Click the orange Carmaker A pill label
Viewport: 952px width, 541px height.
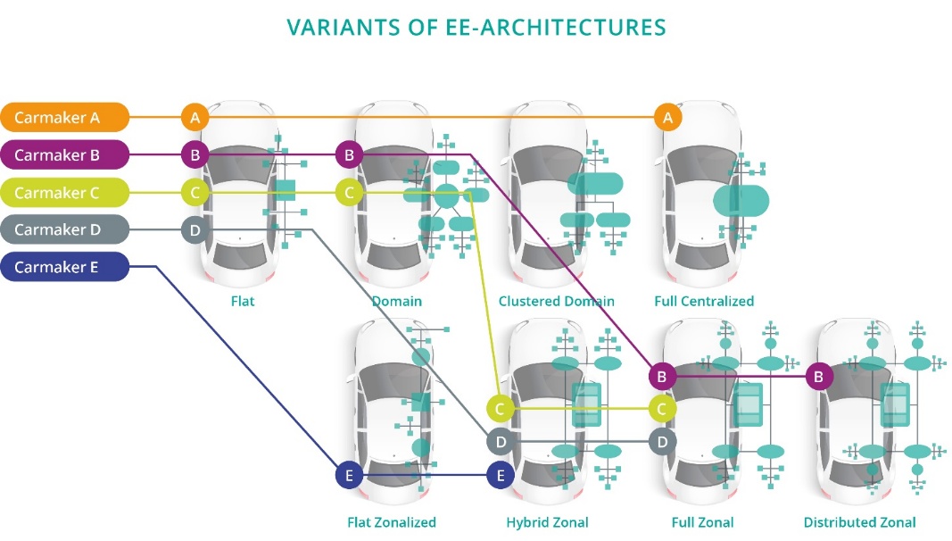click(x=64, y=117)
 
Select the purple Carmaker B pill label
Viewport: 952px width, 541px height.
click(x=64, y=155)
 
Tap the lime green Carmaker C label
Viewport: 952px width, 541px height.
click(x=64, y=193)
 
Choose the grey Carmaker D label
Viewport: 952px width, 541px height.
click(x=64, y=230)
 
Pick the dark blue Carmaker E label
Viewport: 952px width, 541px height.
click(x=64, y=267)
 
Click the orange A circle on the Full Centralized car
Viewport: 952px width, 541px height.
click(x=667, y=117)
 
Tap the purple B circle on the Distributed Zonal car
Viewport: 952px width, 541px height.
click(x=819, y=377)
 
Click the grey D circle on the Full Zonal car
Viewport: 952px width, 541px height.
click(x=662, y=441)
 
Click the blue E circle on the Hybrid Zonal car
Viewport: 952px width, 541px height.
click(x=501, y=475)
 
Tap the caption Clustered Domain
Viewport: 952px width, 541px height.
click(x=556, y=301)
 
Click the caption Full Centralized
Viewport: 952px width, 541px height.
click(x=704, y=301)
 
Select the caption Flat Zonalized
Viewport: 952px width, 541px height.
click(x=392, y=522)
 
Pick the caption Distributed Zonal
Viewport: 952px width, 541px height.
click(x=859, y=522)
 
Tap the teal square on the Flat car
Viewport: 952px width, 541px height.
click(x=285, y=189)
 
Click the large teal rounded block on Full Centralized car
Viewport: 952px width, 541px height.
click(x=741, y=200)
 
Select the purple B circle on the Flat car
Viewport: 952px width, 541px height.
click(x=195, y=155)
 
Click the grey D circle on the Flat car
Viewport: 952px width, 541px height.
click(x=195, y=230)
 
